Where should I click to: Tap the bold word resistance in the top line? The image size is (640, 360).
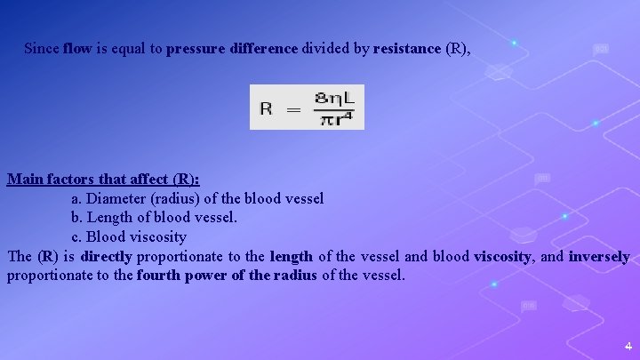pyautogui.click(x=407, y=48)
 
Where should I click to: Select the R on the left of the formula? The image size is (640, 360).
pyautogui.click(x=266, y=108)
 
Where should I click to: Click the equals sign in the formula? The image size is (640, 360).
pyautogui.click(x=292, y=108)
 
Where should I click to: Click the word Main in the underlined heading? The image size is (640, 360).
pyautogui.click(x=25, y=180)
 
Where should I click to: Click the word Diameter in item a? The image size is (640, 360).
pyautogui.click(x=116, y=198)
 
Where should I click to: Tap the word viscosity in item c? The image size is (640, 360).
pyautogui.click(x=159, y=236)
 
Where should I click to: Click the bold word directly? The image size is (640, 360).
pyautogui.click(x=106, y=256)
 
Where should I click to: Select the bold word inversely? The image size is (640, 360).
pyautogui.click(x=599, y=256)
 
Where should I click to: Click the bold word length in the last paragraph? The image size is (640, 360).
pyautogui.click(x=291, y=256)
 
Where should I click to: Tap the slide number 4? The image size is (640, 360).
pyautogui.click(x=628, y=346)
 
